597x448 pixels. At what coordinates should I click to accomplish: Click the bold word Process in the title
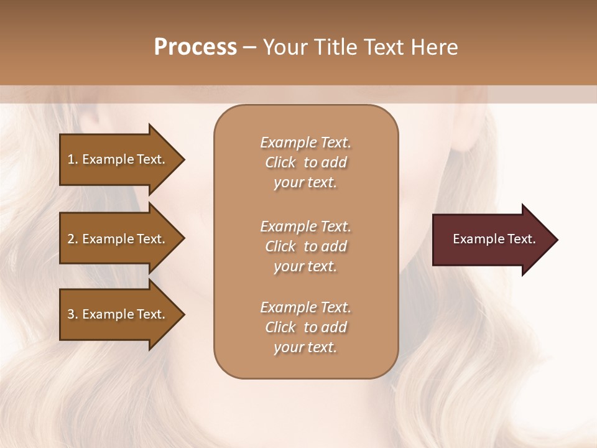click(195, 47)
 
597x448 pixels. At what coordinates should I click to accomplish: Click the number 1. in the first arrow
click(73, 159)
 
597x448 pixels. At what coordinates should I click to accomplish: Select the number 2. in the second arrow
click(73, 239)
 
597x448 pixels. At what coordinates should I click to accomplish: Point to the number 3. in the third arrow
click(73, 314)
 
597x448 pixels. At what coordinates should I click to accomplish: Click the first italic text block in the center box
click(305, 162)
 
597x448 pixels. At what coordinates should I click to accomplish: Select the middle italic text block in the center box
click(305, 246)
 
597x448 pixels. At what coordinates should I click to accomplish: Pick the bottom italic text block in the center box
click(305, 327)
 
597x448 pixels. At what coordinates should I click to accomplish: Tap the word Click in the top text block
click(280, 162)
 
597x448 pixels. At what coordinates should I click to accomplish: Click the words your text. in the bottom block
click(305, 347)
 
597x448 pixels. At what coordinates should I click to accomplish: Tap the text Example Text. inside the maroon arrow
click(494, 239)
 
